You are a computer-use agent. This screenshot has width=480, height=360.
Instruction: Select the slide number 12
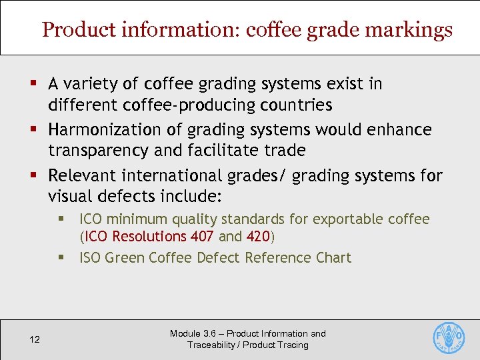point(35,340)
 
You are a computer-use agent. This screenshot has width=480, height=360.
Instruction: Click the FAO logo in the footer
point(449,337)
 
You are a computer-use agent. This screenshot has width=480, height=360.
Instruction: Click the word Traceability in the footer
point(211,345)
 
